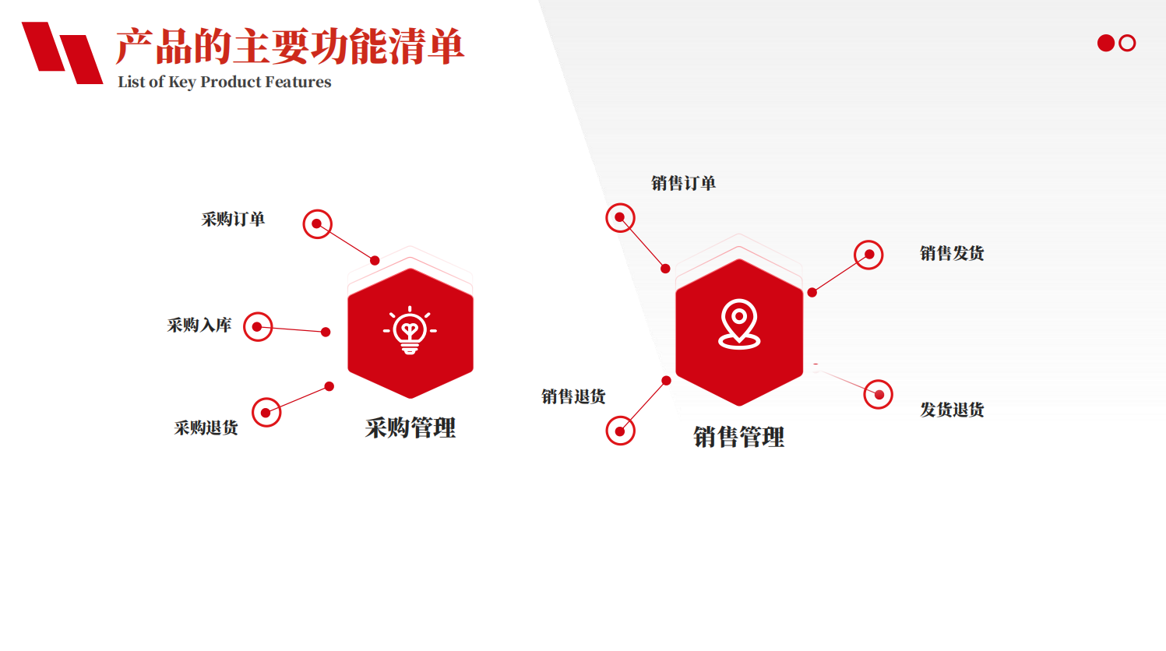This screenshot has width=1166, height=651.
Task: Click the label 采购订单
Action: click(x=233, y=219)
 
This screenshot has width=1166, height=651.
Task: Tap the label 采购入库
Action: click(x=199, y=325)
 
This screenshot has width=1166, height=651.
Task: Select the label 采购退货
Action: click(x=206, y=428)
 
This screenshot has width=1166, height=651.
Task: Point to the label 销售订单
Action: click(x=683, y=183)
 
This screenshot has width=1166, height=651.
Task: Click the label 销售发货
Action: click(x=952, y=253)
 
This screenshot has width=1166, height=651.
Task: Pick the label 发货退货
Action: click(x=952, y=410)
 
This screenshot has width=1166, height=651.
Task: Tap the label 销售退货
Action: click(x=573, y=396)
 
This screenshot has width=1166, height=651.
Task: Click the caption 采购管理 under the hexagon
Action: click(x=410, y=428)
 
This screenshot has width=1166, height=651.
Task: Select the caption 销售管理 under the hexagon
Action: click(x=738, y=437)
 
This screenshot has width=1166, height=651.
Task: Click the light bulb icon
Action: click(x=410, y=330)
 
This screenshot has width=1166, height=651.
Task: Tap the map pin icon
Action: click(x=739, y=324)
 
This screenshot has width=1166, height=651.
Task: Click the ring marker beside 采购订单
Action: click(x=318, y=210)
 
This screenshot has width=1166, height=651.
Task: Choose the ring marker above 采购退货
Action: click(x=266, y=399)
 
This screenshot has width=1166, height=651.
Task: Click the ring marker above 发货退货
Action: click(x=878, y=381)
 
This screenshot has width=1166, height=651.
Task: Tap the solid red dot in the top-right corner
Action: click(x=1105, y=43)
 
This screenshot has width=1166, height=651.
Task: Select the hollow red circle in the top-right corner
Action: click(x=1128, y=35)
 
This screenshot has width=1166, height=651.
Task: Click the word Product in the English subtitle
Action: click(x=231, y=82)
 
